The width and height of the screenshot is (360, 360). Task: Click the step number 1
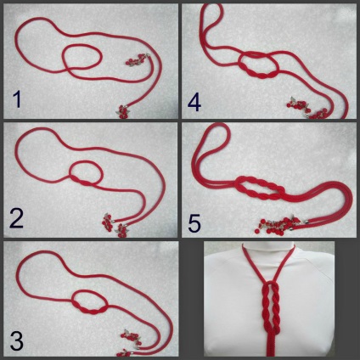coord(17,99)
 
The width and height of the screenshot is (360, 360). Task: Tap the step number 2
coord(16,218)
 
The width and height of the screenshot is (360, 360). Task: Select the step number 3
coord(16,340)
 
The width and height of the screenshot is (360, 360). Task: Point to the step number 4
coord(194,103)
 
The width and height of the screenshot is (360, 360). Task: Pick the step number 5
coord(194,222)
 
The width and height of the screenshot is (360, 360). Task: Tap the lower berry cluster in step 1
coord(123,111)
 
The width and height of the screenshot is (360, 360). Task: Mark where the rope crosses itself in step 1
coord(67,69)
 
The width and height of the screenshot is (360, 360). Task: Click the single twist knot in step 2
coord(82,181)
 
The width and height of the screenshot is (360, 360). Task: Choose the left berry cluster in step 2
coord(108,222)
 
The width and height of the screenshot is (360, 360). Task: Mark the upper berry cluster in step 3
coord(131,336)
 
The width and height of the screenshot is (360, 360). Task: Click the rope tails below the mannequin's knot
coord(270,345)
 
